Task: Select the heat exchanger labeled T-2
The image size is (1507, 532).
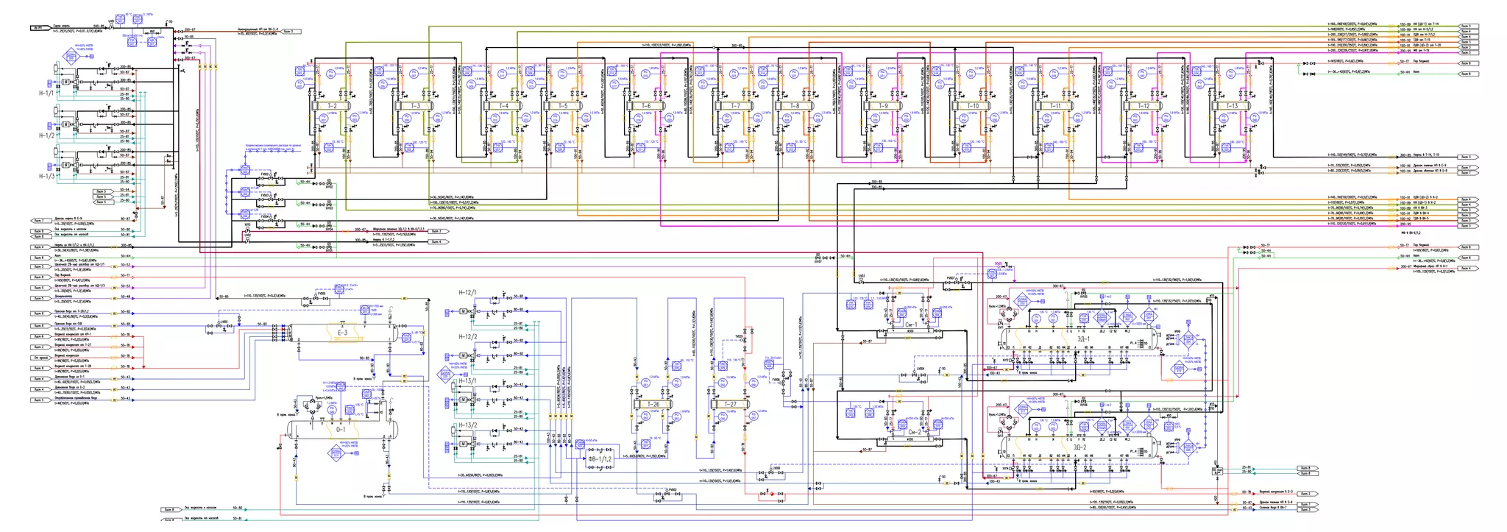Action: point(332,106)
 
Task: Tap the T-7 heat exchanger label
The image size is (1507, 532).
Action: point(735,106)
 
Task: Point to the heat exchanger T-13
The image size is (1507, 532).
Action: point(1232,106)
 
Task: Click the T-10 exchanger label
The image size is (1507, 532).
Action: point(973,106)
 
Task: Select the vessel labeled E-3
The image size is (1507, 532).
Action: point(341,334)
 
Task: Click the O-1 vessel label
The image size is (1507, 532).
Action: point(341,429)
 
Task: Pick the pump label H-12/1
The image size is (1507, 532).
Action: point(468,292)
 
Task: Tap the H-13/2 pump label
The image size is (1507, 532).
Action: point(468,425)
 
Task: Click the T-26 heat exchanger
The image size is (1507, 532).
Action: point(653,405)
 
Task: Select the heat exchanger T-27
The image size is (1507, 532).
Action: point(729,405)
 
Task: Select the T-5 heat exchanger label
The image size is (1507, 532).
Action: point(563,106)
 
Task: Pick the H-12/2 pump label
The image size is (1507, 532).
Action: point(468,336)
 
